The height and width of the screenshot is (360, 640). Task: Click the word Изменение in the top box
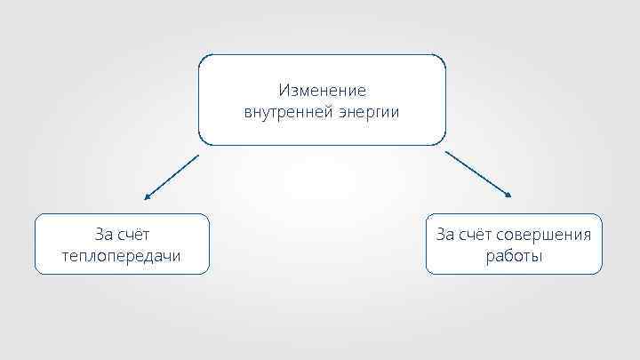322,90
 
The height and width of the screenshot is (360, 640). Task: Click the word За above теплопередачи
104,235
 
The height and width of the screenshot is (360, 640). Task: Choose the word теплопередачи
122,256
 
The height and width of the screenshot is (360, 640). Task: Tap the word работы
514,256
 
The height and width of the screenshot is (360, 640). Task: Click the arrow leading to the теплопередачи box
171,176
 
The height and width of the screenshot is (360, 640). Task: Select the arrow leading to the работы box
479,174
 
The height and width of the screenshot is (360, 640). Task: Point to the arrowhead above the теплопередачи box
146,197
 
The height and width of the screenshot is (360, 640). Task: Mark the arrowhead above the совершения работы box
510,195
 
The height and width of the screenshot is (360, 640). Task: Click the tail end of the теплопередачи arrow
197,156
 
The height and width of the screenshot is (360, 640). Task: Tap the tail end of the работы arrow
445,151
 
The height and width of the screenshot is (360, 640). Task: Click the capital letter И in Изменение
284,90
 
